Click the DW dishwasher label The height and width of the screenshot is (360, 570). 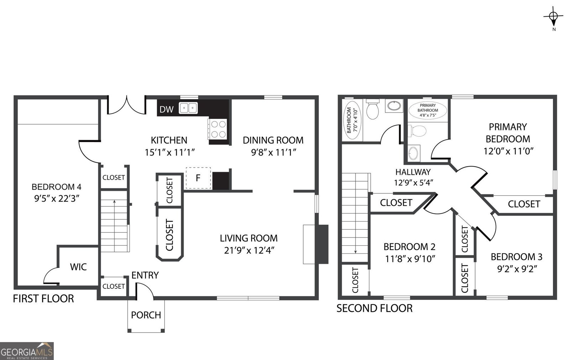pyautogui.click(x=166, y=109)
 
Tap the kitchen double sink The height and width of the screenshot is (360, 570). pyautogui.click(x=188, y=108)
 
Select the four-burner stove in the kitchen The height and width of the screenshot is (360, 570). pyautogui.click(x=218, y=129)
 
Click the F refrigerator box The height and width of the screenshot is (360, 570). pyautogui.click(x=198, y=178)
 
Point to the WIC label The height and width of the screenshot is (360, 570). pyautogui.click(x=78, y=267)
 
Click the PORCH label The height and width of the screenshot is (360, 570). pyautogui.click(x=146, y=315)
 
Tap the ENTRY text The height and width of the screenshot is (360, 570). pyautogui.click(x=145, y=275)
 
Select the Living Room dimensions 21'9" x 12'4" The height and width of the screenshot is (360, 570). pyautogui.click(x=249, y=250)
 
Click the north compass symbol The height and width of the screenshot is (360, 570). pyautogui.click(x=553, y=16)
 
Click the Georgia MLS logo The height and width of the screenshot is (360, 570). pyautogui.click(x=27, y=351)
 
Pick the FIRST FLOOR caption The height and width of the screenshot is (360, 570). pyautogui.click(x=43, y=298)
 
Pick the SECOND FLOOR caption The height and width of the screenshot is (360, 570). pyautogui.click(x=374, y=308)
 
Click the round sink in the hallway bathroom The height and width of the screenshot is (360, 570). pyautogui.click(x=394, y=105)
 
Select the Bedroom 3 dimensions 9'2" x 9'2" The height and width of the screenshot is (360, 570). pyautogui.click(x=517, y=269)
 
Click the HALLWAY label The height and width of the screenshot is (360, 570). pyautogui.click(x=413, y=172)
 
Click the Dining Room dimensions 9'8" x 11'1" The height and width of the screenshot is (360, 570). pyautogui.click(x=274, y=152)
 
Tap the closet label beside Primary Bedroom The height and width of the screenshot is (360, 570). pyautogui.click(x=524, y=204)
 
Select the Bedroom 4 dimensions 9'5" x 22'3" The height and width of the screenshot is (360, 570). pyautogui.click(x=56, y=199)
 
